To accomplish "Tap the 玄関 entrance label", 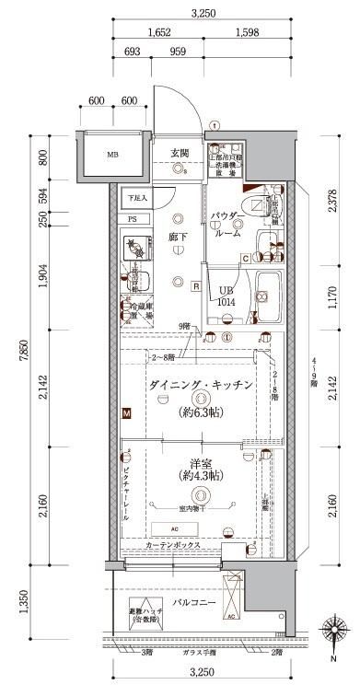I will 180,153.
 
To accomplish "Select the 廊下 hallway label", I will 178,237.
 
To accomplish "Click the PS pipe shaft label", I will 133,219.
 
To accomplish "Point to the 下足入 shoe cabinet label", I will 136,198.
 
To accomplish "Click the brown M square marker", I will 126,414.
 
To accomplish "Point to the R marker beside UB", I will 196,285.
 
